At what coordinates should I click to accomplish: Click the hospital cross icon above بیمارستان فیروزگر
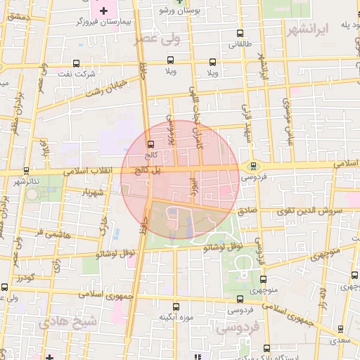click(x=103, y=10)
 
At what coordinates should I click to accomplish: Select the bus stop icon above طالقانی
click(x=240, y=33)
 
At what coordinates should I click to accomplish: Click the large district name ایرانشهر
click(x=307, y=30)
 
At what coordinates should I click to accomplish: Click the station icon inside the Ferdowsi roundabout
click(x=253, y=166)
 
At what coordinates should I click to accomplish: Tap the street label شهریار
click(x=92, y=191)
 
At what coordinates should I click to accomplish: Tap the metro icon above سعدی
click(x=341, y=328)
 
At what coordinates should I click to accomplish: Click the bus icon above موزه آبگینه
click(x=176, y=307)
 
